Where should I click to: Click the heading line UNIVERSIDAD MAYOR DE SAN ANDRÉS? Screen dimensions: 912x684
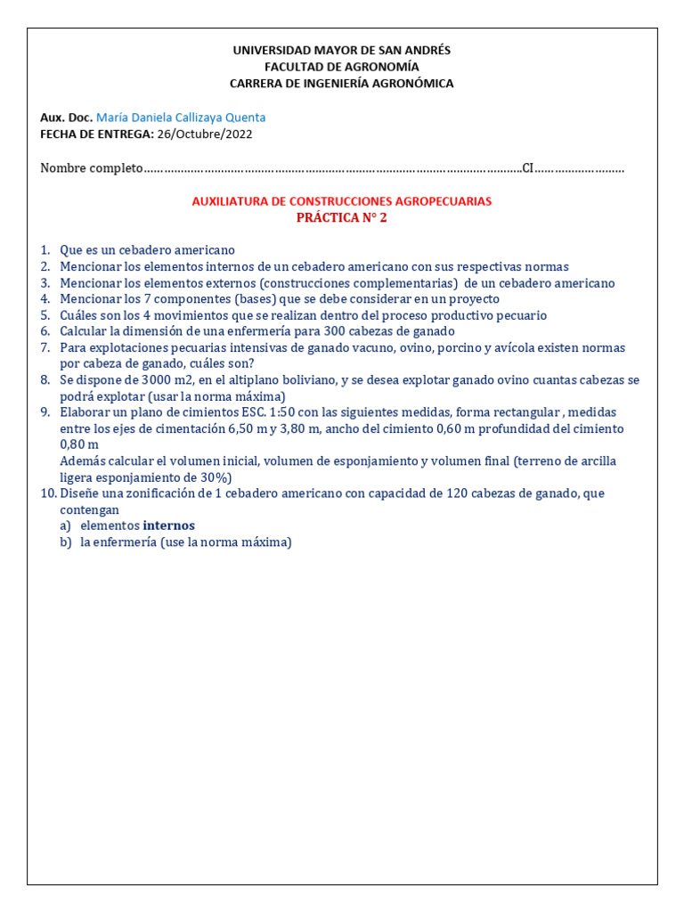[x=341, y=51]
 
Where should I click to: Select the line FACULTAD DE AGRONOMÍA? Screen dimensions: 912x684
[x=341, y=67]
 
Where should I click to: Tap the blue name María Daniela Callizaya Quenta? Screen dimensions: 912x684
[x=180, y=118]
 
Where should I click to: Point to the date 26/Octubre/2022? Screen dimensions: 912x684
[x=204, y=134]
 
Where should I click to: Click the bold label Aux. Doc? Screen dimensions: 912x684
[x=66, y=118]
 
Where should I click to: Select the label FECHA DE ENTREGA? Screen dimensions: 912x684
[x=96, y=134]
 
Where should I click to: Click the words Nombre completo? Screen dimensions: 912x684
[x=91, y=168]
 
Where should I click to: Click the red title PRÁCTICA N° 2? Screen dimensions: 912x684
[x=341, y=218]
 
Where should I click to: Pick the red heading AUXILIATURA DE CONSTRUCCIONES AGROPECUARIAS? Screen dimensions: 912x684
[x=341, y=202]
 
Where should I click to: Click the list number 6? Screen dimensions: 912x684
[x=45, y=331]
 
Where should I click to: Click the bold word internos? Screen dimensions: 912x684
[x=168, y=525]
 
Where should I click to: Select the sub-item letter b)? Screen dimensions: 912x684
[x=65, y=541]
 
